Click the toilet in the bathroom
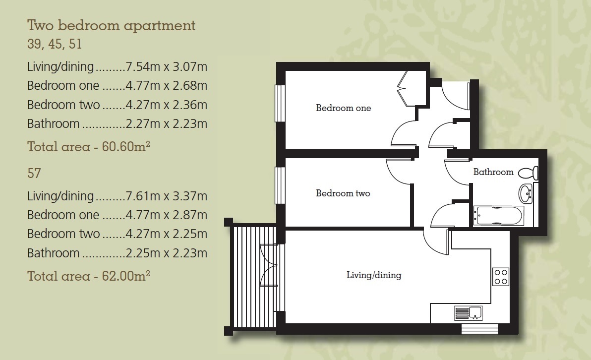[x=529, y=173]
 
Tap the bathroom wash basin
[x=526, y=194]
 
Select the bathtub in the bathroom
[x=499, y=216]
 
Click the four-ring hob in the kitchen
[x=501, y=276]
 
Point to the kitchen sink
[x=469, y=313]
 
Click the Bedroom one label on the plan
[x=344, y=108]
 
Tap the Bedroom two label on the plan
[x=343, y=193]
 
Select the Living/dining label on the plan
[x=374, y=275]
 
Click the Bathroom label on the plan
[x=493, y=172]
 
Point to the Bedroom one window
[x=280, y=103]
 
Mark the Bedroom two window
[x=280, y=185]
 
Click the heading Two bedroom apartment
[x=111, y=26]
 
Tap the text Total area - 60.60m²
[x=89, y=146]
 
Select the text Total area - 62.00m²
[x=89, y=276]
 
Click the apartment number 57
[x=34, y=173]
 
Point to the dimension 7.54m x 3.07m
[x=167, y=67]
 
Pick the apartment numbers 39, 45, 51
[x=54, y=44]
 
